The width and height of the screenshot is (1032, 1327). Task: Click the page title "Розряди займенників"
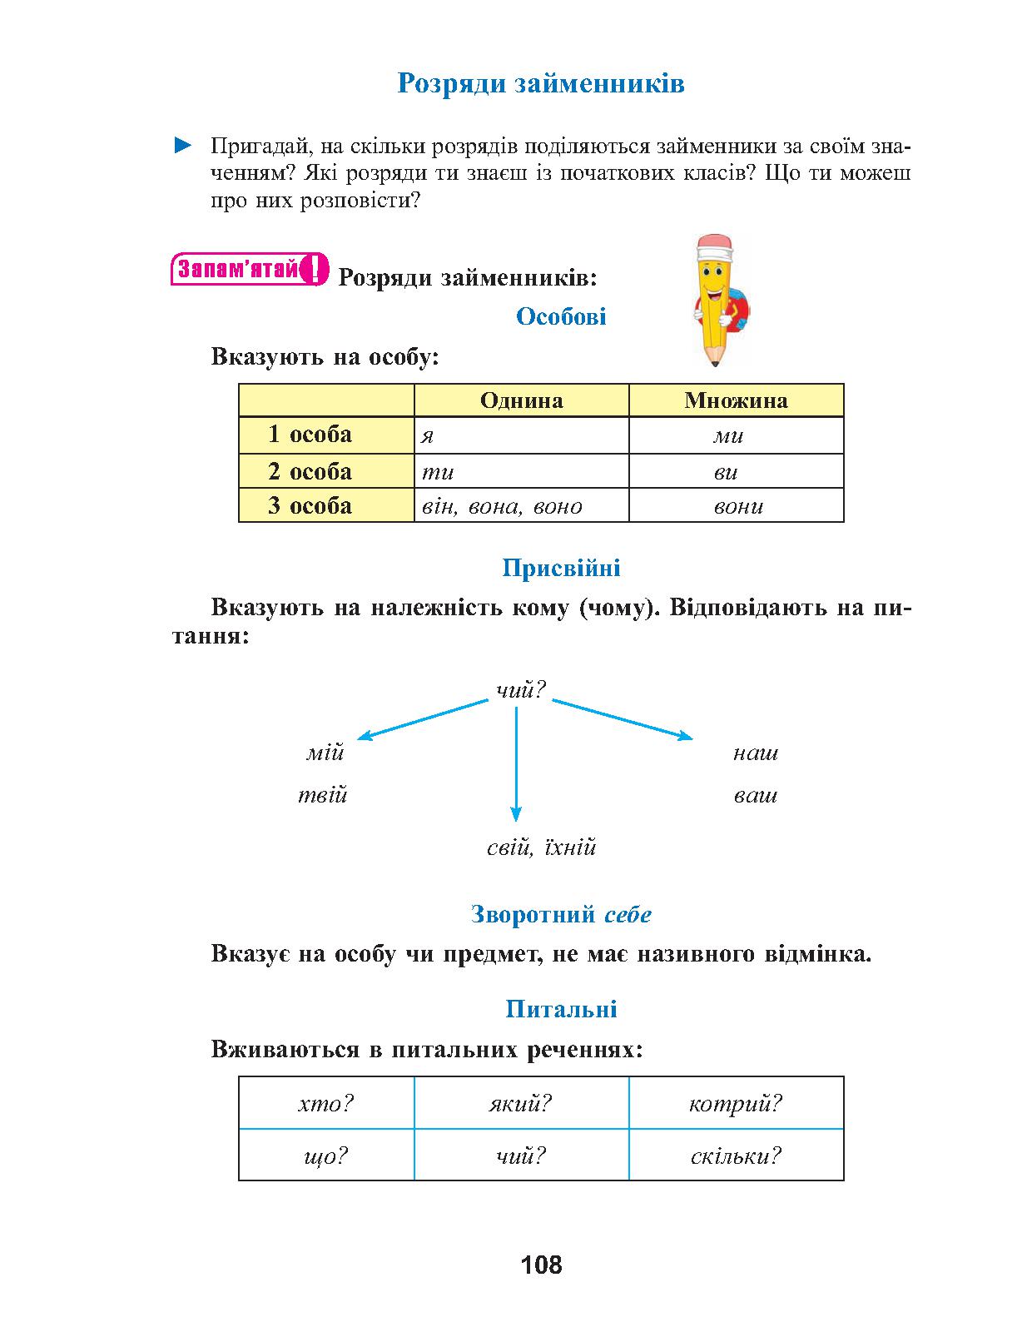(540, 83)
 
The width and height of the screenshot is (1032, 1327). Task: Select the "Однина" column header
(521, 400)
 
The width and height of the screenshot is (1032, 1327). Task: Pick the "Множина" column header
(736, 400)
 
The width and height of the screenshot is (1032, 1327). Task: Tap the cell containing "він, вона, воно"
(521, 506)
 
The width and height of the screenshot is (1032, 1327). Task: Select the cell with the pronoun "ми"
(736, 435)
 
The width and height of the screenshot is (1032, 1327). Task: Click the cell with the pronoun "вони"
(736, 506)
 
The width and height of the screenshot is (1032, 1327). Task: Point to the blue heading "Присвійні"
(561, 569)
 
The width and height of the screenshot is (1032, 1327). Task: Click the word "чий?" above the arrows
(521, 689)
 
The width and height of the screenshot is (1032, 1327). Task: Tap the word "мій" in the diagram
(325, 753)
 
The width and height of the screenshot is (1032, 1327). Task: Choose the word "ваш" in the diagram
(755, 795)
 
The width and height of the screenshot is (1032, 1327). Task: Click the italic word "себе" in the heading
(628, 915)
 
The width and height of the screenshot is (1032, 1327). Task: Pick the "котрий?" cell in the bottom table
(736, 1104)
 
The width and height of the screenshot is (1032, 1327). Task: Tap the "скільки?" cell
(736, 1156)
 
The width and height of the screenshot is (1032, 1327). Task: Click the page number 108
(541, 1265)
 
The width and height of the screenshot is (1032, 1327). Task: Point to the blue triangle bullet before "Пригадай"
(182, 147)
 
